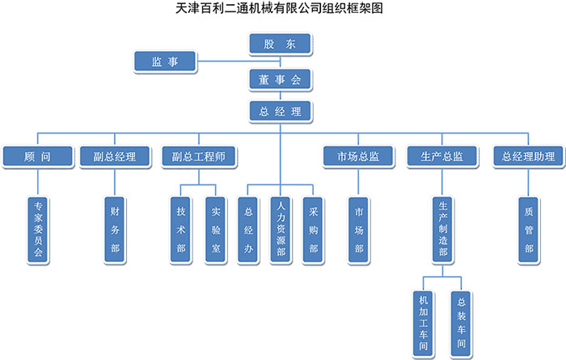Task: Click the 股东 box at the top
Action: tap(280, 45)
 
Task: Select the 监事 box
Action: tap(166, 61)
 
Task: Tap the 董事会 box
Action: tap(280, 79)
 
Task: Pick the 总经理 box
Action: tap(280, 111)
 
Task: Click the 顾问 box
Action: tap(38, 156)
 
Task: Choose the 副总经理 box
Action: tap(114, 156)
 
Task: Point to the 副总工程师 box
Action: tap(198, 156)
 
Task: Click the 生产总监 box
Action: tap(441, 156)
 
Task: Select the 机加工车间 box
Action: tap(423, 322)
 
